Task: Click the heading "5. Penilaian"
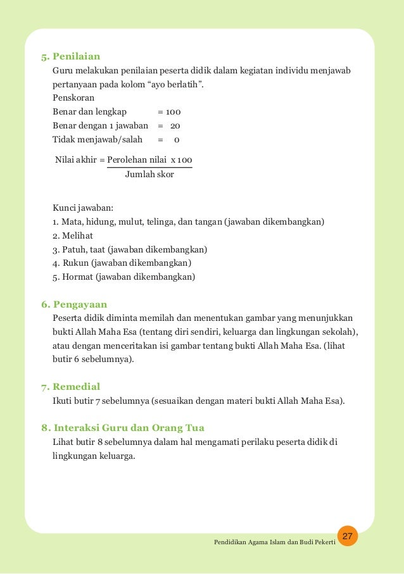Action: (70, 56)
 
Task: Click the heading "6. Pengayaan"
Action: (74, 304)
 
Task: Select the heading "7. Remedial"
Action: (70, 387)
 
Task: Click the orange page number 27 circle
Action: (347, 537)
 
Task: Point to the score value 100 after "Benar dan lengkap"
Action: (173, 113)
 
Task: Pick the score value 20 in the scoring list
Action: (175, 126)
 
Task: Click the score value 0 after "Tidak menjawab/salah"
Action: (177, 139)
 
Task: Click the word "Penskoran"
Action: (74, 99)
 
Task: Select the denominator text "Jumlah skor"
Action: (149, 174)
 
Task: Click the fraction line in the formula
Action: (149, 167)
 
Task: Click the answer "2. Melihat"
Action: (73, 235)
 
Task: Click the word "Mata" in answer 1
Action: (72, 221)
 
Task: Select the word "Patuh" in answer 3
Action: (75, 249)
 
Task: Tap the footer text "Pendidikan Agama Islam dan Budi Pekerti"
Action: (274, 544)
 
